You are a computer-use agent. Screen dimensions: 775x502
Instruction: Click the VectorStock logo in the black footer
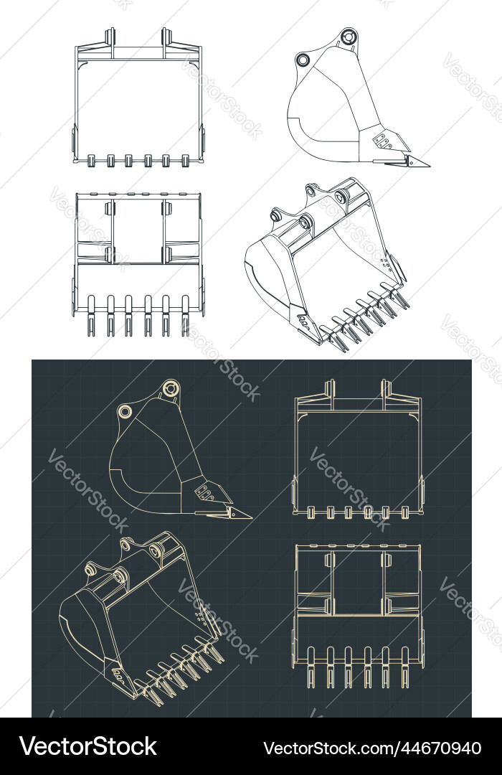87,747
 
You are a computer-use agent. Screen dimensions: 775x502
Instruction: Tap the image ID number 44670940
373,748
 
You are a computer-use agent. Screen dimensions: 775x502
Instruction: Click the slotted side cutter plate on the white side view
383,140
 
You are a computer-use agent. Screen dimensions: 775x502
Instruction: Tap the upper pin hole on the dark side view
170,388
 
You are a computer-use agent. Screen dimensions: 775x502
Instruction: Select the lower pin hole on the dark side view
125,411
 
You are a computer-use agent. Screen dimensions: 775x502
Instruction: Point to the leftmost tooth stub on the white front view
92,161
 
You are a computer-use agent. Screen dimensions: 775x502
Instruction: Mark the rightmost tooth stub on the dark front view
405,512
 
